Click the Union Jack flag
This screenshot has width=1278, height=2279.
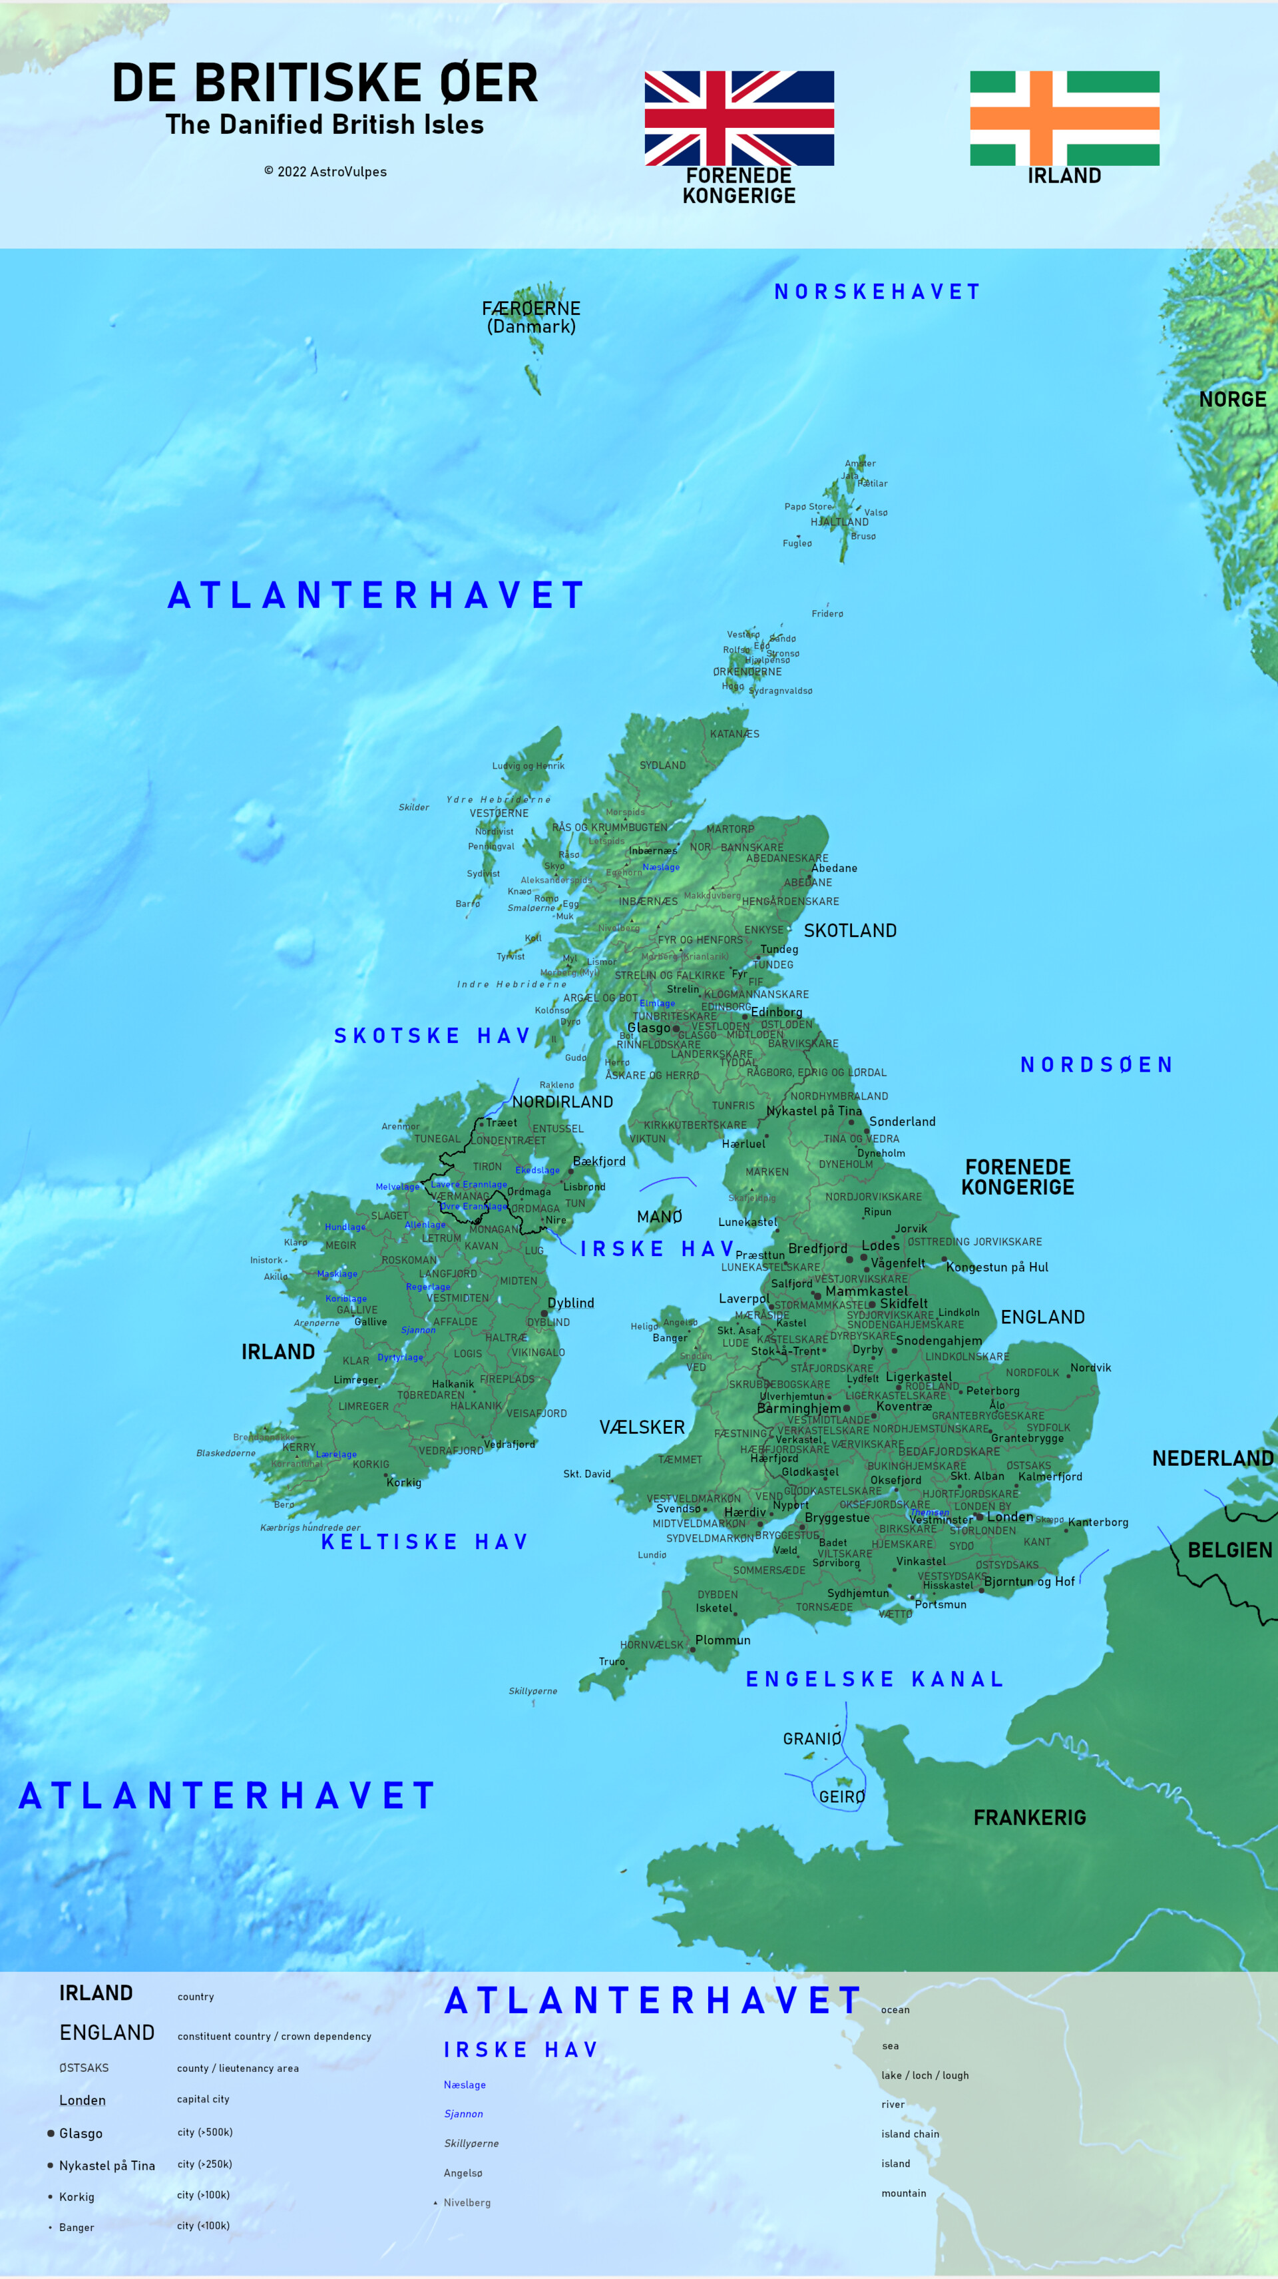point(738,118)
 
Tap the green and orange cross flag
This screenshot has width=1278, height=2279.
point(1064,118)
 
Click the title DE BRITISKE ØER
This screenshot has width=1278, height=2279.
point(325,83)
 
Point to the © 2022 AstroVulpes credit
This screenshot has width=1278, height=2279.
point(325,172)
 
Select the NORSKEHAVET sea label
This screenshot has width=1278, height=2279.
point(877,292)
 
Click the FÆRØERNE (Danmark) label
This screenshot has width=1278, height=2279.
point(531,317)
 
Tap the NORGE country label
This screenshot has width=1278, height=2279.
point(1232,400)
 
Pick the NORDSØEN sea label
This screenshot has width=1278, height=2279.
point(1097,1064)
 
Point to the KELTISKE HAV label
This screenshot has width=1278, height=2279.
point(425,1542)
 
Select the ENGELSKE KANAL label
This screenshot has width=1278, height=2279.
point(875,1679)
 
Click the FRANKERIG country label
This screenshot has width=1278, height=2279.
point(1030,1817)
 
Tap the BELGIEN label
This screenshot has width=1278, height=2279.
point(1229,1550)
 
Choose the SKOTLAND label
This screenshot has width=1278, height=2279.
point(850,930)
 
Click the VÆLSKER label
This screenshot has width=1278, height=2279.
point(642,1427)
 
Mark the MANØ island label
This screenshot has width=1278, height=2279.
point(660,1217)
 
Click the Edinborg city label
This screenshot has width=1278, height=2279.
point(777,1012)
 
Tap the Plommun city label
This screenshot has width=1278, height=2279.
point(723,1640)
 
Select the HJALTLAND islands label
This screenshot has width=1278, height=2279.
point(839,522)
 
